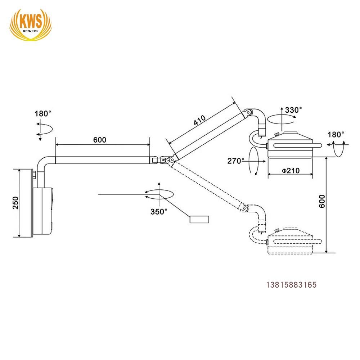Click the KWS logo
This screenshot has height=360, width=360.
(x=31, y=23)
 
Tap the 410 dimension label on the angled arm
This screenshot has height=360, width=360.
(x=199, y=120)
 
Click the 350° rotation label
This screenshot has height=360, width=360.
(x=159, y=211)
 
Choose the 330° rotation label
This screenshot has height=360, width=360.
(x=293, y=110)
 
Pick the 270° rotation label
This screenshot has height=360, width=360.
(x=236, y=161)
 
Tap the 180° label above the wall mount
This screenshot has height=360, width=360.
(x=43, y=114)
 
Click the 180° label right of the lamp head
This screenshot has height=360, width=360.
(x=336, y=134)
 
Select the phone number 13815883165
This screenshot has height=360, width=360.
(x=291, y=285)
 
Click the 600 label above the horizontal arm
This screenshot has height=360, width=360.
(x=100, y=140)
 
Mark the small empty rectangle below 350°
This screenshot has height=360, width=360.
(x=199, y=219)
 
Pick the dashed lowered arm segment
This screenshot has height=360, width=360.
(x=207, y=184)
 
